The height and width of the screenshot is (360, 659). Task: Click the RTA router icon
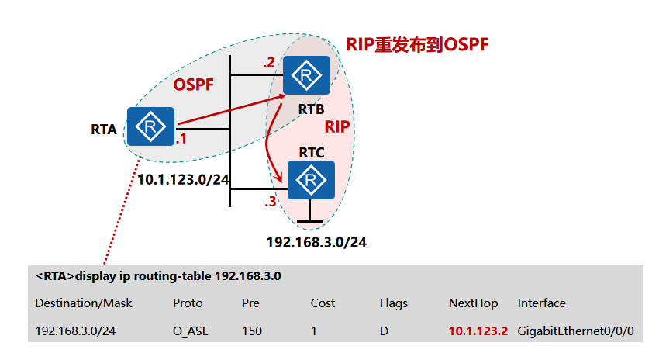(150, 126)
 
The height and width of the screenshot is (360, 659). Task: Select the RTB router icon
(306, 75)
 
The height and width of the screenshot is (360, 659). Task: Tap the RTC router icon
(310, 180)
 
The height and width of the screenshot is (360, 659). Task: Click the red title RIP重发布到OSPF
(417, 43)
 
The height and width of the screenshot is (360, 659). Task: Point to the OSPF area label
(193, 83)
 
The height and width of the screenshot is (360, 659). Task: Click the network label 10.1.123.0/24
(183, 180)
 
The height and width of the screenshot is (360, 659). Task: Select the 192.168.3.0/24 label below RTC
(316, 242)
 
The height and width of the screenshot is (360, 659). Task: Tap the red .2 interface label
(268, 63)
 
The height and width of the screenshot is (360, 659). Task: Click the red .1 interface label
(181, 140)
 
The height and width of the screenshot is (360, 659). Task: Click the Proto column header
(188, 303)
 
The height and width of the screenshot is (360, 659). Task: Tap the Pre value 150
(252, 331)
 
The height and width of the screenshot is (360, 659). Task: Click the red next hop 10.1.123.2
(478, 331)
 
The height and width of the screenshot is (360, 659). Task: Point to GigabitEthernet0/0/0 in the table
(576, 331)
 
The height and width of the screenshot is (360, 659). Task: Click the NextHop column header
(473, 303)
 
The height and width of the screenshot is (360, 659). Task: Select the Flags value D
(384, 331)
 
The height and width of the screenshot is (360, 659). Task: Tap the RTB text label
(310, 109)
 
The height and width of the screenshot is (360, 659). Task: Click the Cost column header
(323, 303)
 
